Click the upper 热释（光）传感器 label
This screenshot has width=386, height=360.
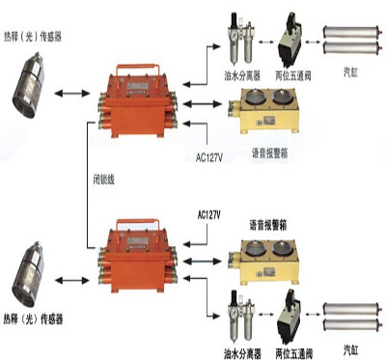point(32,37)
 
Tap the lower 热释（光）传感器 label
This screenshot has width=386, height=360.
point(33,319)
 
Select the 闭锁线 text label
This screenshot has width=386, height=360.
point(104,180)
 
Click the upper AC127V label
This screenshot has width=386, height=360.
point(209,158)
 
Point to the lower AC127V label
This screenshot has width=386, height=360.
point(209,215)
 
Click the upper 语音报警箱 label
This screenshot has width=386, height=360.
point(269,153)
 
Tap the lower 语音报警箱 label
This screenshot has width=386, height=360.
point(268,225)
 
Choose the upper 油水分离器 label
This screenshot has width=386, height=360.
point(242,76)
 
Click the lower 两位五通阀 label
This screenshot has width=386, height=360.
point(293,353)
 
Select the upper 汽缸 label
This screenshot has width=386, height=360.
point(350,73)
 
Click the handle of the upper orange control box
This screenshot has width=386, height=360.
point(138,69)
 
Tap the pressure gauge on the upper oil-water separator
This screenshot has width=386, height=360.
point(234,34)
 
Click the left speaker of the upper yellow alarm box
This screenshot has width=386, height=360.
point(256,97)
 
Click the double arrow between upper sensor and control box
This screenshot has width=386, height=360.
point(72,94)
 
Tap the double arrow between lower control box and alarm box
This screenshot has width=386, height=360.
point(203,261)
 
